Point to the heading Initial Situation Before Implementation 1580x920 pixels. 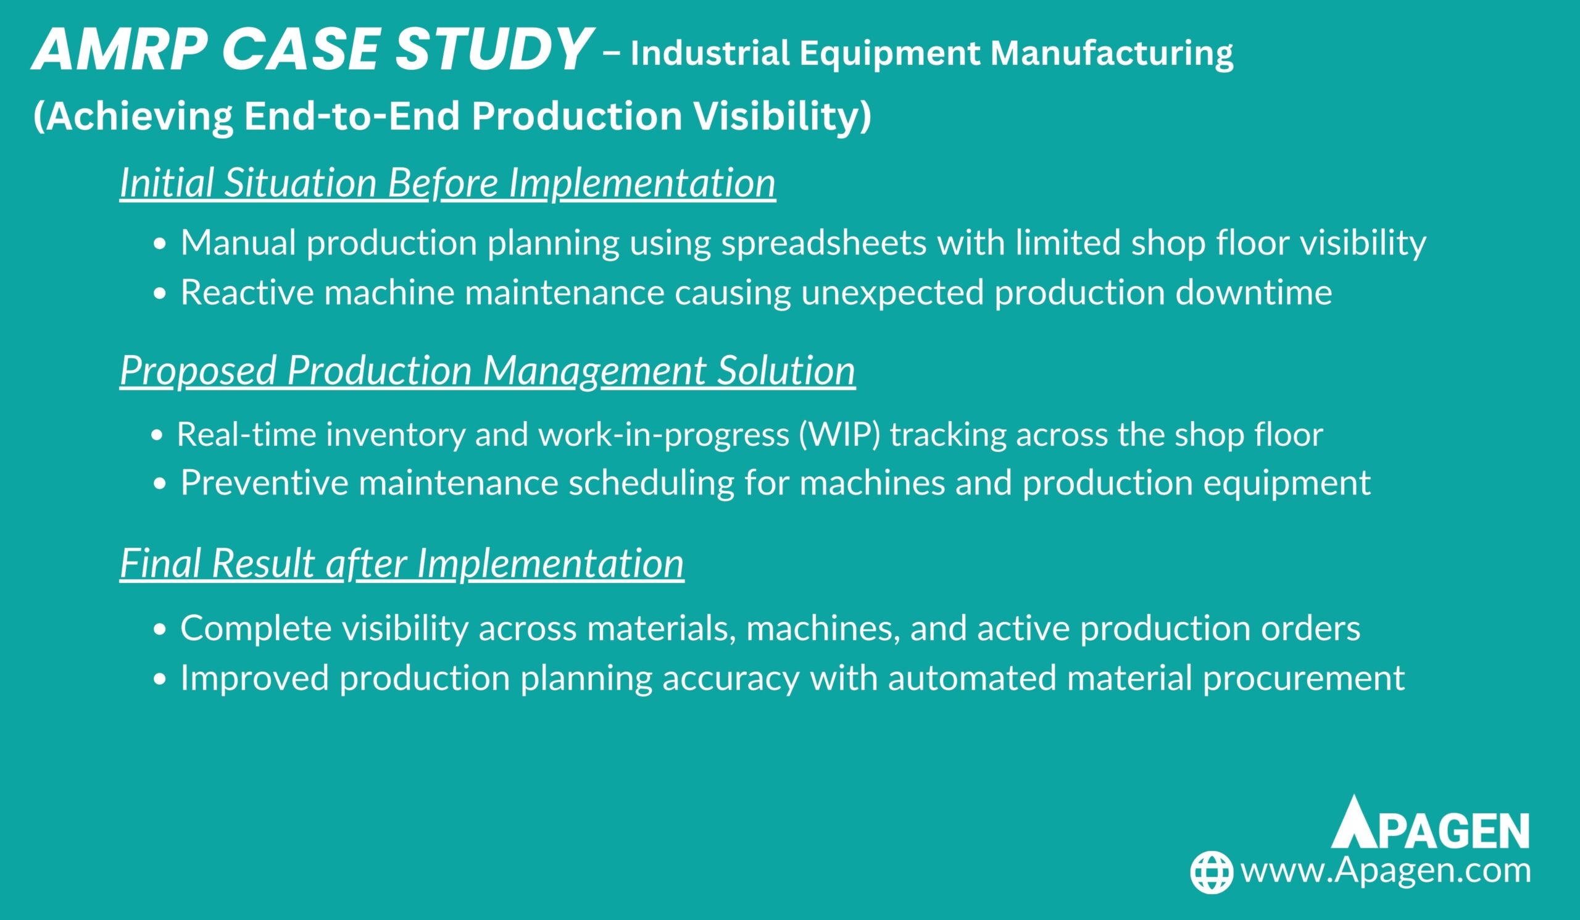447,183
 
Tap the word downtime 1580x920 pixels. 1254,292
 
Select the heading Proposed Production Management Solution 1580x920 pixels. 487,370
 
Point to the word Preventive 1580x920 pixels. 264,483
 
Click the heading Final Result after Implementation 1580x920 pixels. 401,563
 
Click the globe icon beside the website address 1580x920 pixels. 1212,872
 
